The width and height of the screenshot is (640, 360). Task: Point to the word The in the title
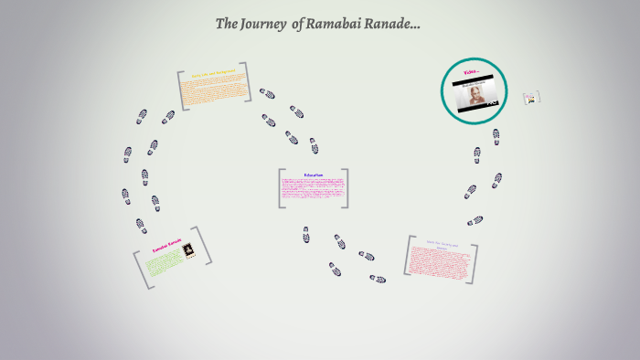pos(227,24)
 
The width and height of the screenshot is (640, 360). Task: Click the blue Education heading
pos(314,175)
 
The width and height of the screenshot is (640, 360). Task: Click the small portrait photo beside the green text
pos(190,250)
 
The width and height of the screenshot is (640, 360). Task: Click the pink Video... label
pos(472,71)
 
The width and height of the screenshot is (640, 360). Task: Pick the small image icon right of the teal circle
pos(531,98)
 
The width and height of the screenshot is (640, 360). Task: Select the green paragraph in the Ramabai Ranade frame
pos(165,264)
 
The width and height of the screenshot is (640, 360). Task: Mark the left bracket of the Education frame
pos(281,188)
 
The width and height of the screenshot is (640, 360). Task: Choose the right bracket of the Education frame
pos(346,188)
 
